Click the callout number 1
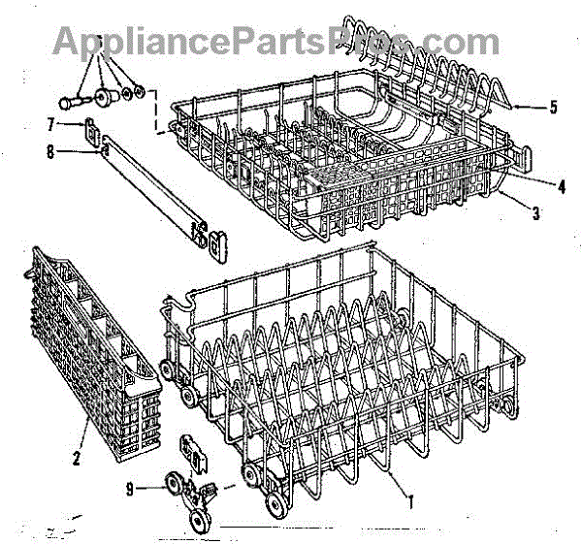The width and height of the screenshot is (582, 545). pyautogui.click(x=410, y=502)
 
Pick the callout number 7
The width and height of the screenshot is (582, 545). pyautogui.click(x=49, y=123)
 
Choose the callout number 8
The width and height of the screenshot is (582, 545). pyautogui.click(x=51, y=151)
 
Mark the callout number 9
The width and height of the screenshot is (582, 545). pyautogui.click(x=143, y=490)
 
